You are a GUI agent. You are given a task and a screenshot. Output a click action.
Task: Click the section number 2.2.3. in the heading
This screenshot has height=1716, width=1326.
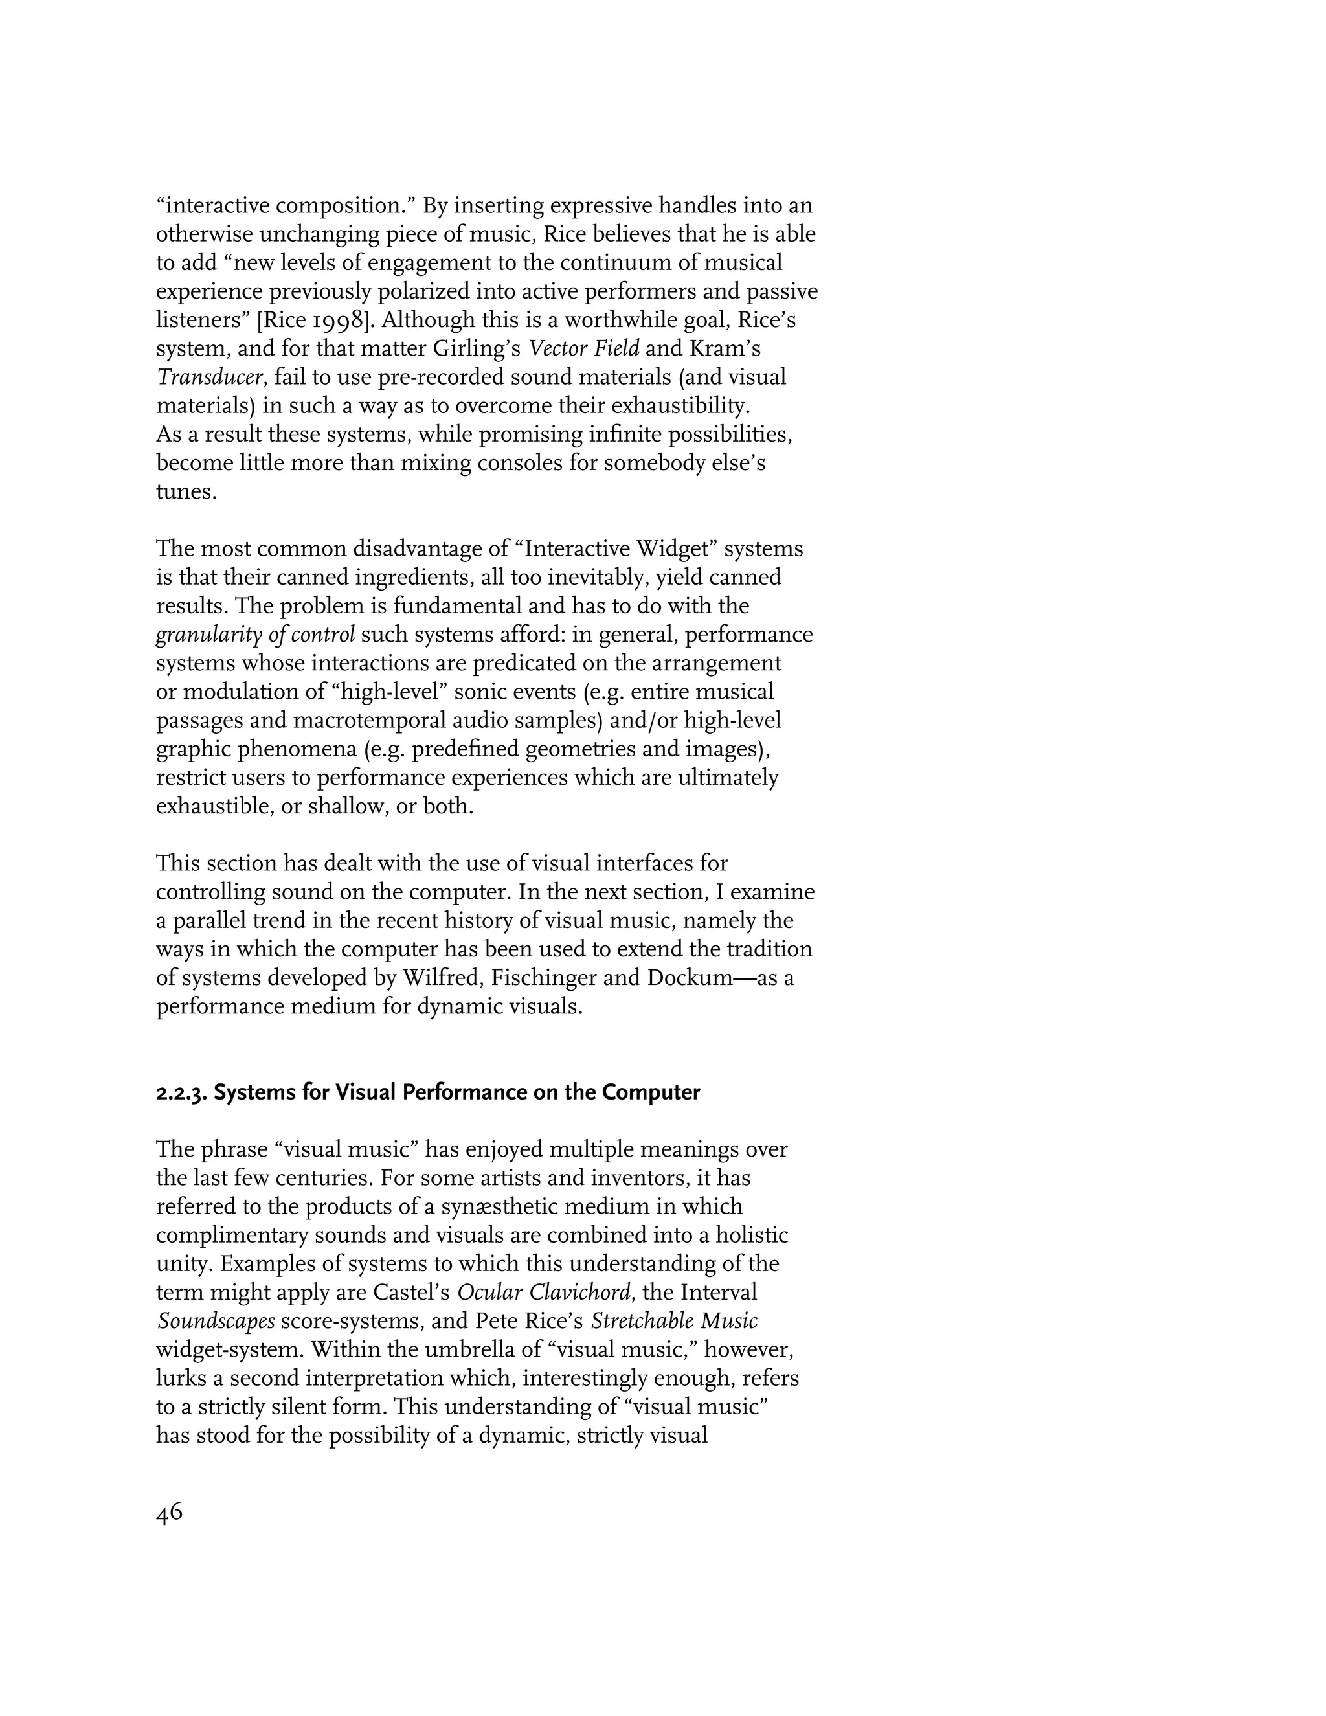(182, 1093)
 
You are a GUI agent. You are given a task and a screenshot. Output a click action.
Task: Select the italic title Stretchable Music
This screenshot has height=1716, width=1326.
(674, 1322)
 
